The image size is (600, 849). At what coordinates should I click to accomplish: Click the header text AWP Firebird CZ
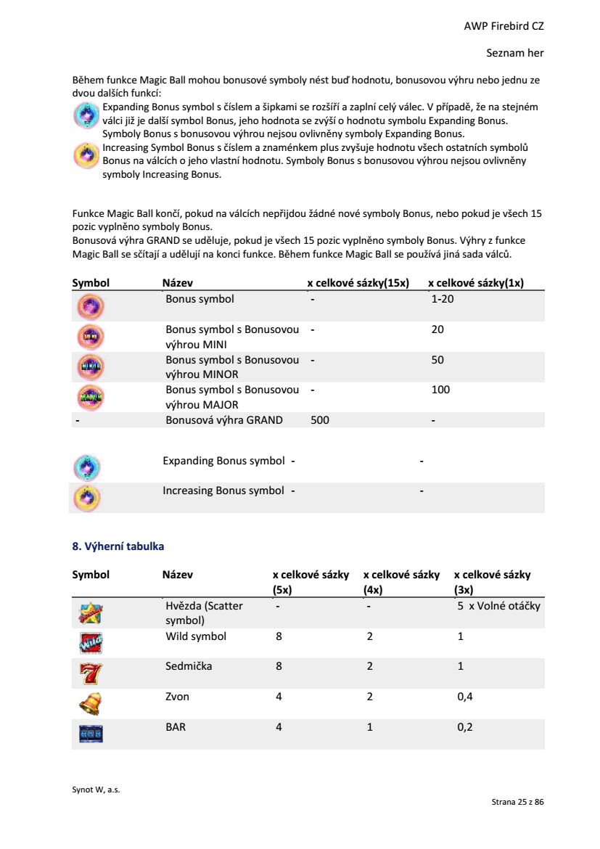click(504, 26)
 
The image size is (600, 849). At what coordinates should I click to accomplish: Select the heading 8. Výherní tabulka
click(118, 546)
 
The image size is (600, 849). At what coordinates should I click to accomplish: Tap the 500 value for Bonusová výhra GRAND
click(320, 419)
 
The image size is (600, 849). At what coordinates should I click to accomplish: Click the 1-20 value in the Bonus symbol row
click(443, 298)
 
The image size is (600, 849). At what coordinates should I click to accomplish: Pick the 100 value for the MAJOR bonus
click(440, 390)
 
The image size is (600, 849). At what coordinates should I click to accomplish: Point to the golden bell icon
click(90, 703)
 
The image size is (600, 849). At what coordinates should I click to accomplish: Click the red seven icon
click(90, 673)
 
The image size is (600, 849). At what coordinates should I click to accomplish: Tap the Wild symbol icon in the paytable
click(90, 643)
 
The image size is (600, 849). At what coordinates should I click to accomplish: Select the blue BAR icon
click(90, 734)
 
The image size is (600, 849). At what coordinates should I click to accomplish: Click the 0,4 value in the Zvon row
click(465, 697)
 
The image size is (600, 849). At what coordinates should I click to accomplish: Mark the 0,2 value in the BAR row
click(465, 726)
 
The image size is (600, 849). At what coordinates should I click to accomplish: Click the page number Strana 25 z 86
click(517, 802)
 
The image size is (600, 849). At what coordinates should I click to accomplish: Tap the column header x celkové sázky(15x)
click(358, 283)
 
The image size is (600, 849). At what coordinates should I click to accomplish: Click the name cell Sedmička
click(189, 665)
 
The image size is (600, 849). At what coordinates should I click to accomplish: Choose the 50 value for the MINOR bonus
click(437, 360)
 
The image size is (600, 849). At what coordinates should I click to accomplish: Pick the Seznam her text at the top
click(514, 53)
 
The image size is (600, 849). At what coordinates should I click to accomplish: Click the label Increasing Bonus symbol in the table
click(223, 491)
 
